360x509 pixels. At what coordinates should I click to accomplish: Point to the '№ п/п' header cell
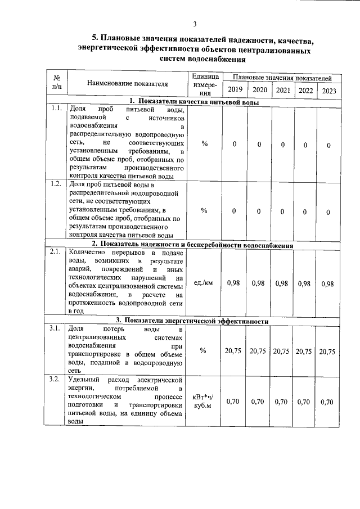tap(57, 82)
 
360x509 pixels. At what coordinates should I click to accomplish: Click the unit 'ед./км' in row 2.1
tap(203, 283)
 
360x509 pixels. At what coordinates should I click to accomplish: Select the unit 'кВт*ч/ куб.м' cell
tap(203, 402)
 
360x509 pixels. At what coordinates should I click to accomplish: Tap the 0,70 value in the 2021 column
tap(283, 402)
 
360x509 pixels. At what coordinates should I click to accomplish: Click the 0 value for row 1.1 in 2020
tap(259, 145)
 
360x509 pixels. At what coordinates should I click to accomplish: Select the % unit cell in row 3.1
tap(203, 351)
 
